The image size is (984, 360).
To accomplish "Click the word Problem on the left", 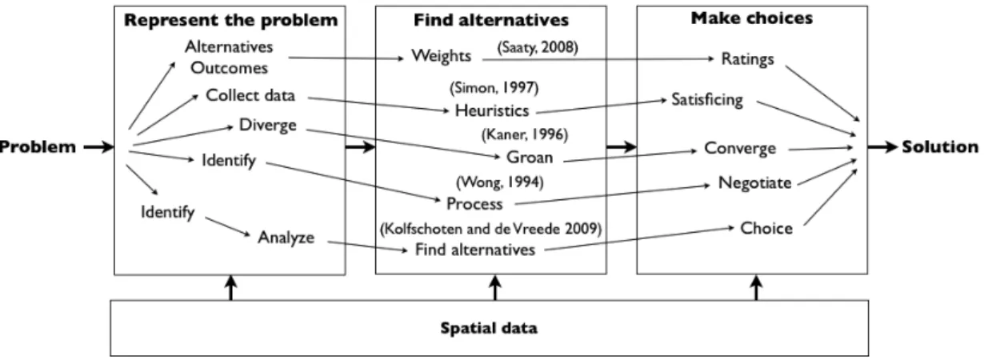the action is pyautogui.click(x=38, y=146).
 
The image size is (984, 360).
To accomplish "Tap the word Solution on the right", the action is pyautogui.click(x=940, y=146).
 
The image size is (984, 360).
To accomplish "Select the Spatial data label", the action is pyautogui.click(x=489, y=328).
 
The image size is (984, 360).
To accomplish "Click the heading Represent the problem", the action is pyautogui.click(x=230, y=20).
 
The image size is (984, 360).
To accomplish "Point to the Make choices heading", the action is pyautogui.click(x=752, y=18).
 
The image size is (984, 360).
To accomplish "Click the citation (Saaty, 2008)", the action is pyautogui.click(x=538, y=47).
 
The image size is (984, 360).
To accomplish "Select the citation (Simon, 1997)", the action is pyautogui.click(x=494, y=88).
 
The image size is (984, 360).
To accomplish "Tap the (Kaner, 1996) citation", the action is pyautogui.click(x=525, y=134).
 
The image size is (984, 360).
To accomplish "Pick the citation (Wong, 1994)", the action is pyautogui.click(x=500, y=182).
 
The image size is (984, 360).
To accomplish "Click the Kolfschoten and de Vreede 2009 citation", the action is pyautogui.click(x=490, y=229).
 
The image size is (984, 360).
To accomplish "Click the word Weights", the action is pyautogui.click(x=441, y=56).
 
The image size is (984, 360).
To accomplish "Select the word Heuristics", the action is pyautogui.click(x=492, y=110).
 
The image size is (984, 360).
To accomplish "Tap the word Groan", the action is pyautogui.click(x=530, y=157).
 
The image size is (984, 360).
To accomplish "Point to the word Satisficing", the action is pyautogui.click(x=707, y=100).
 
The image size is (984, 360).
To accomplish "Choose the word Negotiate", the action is pyautogui.click(x=754, y=182).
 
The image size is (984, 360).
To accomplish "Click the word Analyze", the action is pyautogui.click(x=286, y=238).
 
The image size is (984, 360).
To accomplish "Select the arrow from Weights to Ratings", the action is pyautogui.click(x=598, y=59).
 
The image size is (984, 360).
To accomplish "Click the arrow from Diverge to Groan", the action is pyautogui.click(x=403, y=143).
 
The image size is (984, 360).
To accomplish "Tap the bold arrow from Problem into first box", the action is pyautogui.click(x=99, y=146).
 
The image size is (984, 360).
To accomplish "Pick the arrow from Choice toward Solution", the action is pyautogui.click(x=830, y=197).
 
